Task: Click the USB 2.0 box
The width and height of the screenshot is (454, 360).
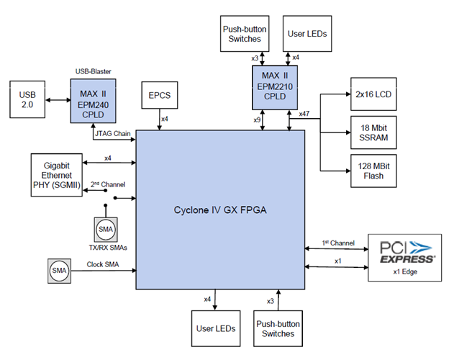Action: [27, 99]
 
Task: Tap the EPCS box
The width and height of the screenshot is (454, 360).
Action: [160, 95]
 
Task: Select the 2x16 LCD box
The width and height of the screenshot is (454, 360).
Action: [373, 94]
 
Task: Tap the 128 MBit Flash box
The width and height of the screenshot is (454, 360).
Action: [373, 171]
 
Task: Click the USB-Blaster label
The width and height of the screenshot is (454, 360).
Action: [93, 71]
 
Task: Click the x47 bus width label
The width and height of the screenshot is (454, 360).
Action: [304, 114]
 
